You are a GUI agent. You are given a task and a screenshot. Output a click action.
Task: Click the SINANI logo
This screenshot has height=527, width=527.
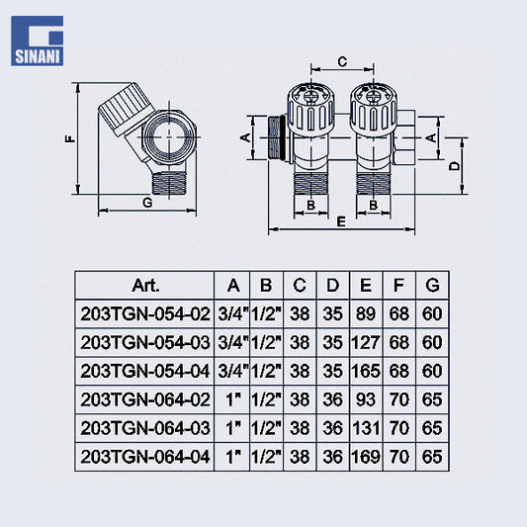37,41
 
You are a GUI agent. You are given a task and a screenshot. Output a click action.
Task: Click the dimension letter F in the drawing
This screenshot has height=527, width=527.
70,138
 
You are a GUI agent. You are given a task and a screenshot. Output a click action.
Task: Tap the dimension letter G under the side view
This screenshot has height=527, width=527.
147,203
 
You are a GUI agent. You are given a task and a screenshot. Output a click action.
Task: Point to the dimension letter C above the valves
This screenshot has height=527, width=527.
342,62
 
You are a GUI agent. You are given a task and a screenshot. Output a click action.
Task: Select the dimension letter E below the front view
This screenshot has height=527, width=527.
341,221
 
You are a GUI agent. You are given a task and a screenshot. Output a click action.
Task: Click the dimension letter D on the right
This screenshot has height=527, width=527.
455,166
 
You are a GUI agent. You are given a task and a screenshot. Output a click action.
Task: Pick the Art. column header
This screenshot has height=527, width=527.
145,286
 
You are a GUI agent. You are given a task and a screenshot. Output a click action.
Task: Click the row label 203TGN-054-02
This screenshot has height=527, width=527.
145,314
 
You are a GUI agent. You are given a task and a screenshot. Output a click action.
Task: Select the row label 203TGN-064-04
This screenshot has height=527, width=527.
145,457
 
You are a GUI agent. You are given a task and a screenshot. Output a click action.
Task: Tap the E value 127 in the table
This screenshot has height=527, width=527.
366,343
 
